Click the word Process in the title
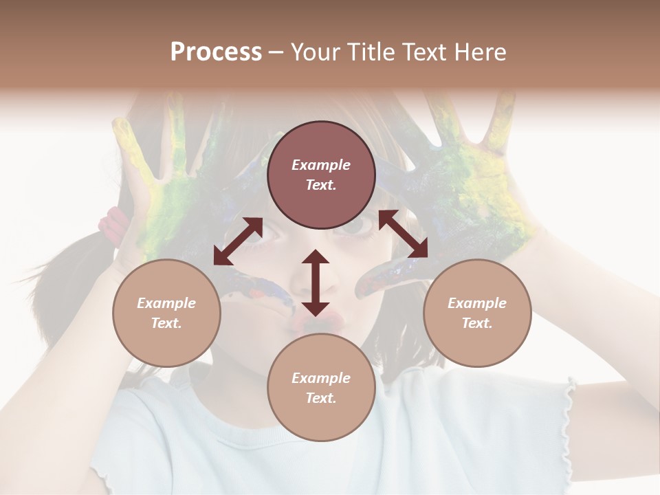[216, 52]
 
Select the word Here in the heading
[479, 52]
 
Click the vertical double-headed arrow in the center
[316, 283]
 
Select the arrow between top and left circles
[238, 241]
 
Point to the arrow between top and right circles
[403, 234]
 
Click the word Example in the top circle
[321, 165]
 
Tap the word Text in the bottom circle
[320, 398]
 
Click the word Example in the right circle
[477, 303]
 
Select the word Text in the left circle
[166, 323]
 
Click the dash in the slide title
[276, 52]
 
